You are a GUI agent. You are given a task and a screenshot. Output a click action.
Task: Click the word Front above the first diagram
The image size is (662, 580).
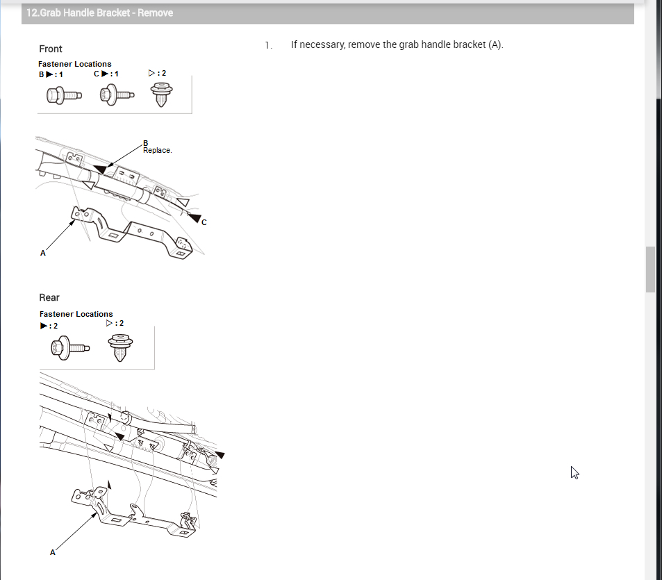(x=51, y=49)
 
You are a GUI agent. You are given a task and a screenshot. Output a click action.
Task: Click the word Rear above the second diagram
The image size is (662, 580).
(x=49, y=297)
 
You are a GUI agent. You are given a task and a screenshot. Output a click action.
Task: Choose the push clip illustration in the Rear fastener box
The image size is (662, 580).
(x=122, y=347)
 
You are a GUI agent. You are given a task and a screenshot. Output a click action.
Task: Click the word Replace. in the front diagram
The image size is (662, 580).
(x=157, y=150)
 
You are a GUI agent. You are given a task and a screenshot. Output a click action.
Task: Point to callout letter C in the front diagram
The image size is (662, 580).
(x=204, y=222)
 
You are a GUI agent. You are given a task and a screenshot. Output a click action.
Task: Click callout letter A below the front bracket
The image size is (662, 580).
(x=43, y=253)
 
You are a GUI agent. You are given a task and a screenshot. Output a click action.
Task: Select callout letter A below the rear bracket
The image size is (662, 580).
(x=53, y=552)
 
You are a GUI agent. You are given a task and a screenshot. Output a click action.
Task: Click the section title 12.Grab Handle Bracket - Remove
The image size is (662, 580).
(x=100, y=13)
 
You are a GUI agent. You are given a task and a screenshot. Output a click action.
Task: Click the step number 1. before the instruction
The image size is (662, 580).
(x=267, y=44)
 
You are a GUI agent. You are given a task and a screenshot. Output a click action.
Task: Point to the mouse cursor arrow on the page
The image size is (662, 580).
(x=574, y=472)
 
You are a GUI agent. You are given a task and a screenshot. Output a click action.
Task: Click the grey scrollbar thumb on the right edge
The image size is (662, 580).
(x=650, y=269)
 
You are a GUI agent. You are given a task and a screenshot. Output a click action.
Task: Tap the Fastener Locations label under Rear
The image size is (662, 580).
(x=76, y=314)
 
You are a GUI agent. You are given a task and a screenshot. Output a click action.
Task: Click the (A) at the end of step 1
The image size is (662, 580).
(x=495, y=44)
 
